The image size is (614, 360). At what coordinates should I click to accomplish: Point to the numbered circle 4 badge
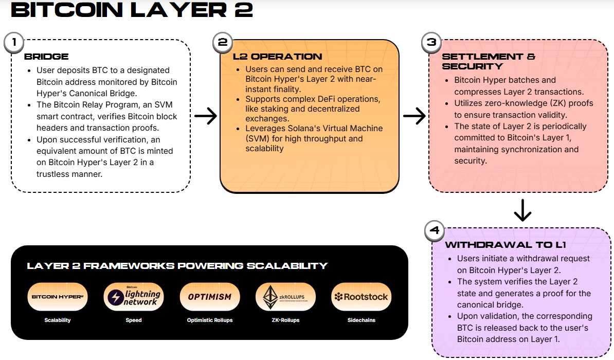435,231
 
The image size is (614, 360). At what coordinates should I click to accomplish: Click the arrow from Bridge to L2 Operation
205,117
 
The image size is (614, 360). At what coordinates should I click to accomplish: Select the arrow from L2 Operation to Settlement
414,117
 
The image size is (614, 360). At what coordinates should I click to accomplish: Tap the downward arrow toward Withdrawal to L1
522,210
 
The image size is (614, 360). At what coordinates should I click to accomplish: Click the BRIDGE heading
46,57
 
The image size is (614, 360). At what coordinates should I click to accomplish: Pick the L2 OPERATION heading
278,57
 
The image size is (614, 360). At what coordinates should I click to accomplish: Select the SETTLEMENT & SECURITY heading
489,61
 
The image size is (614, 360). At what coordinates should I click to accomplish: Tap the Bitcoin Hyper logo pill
58,297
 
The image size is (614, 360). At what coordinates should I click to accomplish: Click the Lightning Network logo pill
134,297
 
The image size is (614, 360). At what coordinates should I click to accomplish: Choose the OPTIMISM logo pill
210,297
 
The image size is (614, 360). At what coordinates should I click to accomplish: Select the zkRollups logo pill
286,297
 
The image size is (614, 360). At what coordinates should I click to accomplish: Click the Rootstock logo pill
361,297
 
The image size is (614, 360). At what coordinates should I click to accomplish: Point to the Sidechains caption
361,320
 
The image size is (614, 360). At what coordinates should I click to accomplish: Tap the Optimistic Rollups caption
210,320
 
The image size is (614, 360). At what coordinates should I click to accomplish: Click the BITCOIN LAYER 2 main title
132,10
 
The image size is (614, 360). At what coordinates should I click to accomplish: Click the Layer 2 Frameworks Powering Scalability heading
177,266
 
